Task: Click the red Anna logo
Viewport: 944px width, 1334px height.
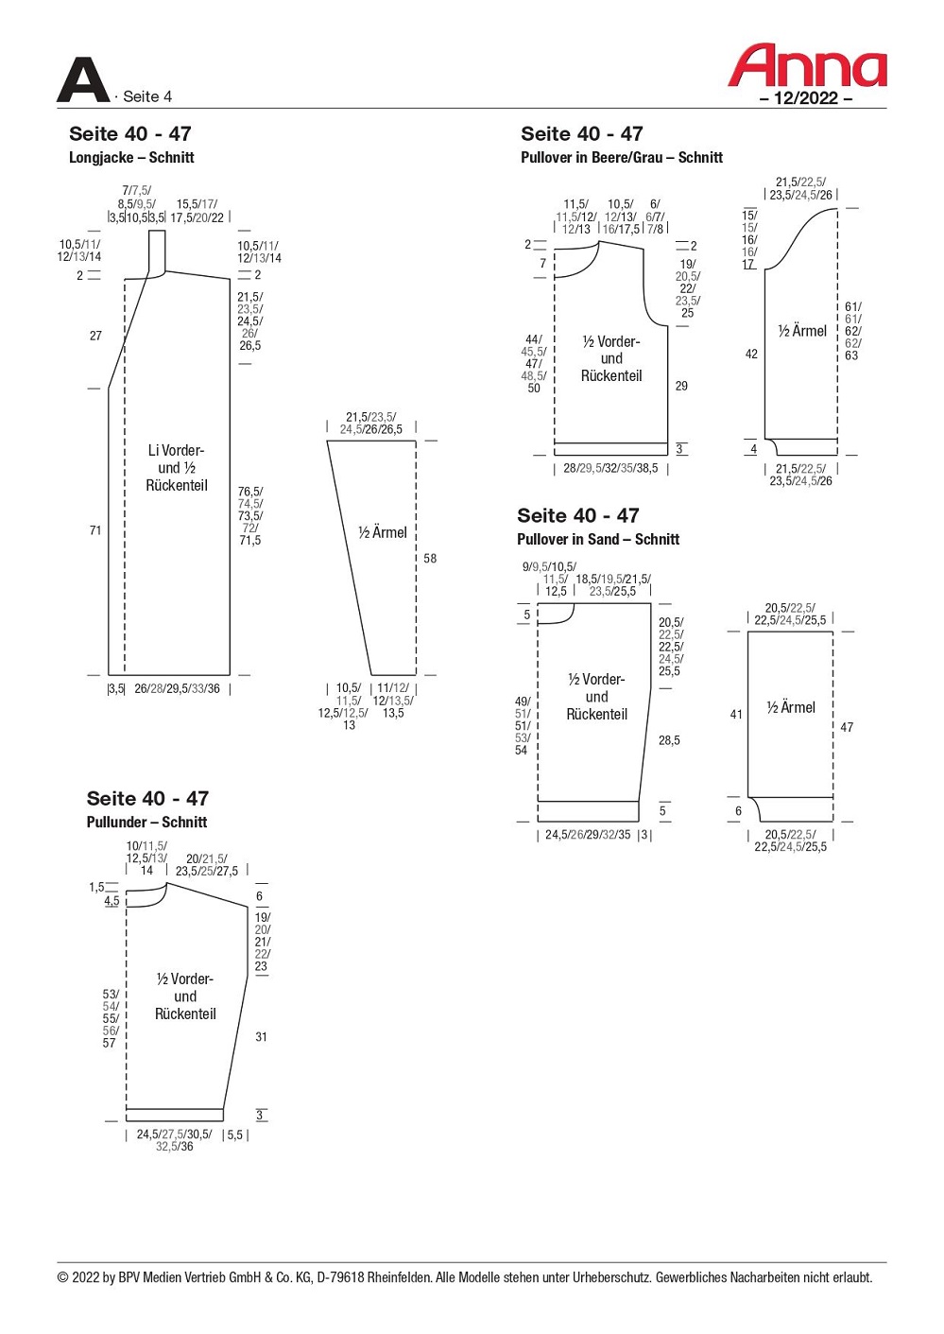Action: pyautogui.click(x=806, y=65)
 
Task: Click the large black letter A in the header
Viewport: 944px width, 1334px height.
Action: pyautogui.click(x=83, y=79)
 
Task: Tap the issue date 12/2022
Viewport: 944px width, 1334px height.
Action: pyautogui.click(x=806, y=97)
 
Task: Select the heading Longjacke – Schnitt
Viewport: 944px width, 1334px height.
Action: pyautogui.click(x=131, y=157)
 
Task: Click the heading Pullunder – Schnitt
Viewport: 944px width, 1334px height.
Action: pyautogui.click(x=146, y=822)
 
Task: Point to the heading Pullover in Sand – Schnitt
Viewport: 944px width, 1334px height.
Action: pyautogui.click(x=597, y=539)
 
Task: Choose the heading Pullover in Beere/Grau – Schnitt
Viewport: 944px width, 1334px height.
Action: pyautogui.click(x=622, y=157)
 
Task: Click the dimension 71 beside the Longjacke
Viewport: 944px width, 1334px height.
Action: pyautogui.click(x=95, y=530)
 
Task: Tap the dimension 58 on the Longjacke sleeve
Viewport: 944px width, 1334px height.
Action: pyautogui.click(x=430, y=558)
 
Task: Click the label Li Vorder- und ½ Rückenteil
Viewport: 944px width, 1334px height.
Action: pyautogui.click(x=176, y=467)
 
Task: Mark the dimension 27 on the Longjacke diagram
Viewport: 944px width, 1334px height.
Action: pyautogui.click(x=95, y=336)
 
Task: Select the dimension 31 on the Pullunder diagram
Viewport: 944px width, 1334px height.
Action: pyautogui.click(x=261, y=1037)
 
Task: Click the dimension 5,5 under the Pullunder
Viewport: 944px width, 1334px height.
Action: pyautogui.click(x=235, y=1135)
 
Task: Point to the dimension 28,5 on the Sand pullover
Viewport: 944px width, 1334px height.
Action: pyautogui.click(x=669, y=740)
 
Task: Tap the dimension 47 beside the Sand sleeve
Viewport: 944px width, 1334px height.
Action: pyautogui.click(x=847, y=726)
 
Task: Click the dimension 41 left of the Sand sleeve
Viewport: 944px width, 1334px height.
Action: pyautogui.click(x=736, y=714)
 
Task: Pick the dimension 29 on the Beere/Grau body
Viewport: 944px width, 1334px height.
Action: pyautogui.click(x=681, y=386)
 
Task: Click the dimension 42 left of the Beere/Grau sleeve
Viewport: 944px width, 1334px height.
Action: pyautogui.click(x=751, y=354)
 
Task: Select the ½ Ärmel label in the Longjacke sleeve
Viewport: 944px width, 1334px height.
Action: pyautogui.click(x=382, y=532)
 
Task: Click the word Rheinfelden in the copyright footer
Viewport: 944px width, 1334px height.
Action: pyautogui.click(x=400, y=1277)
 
